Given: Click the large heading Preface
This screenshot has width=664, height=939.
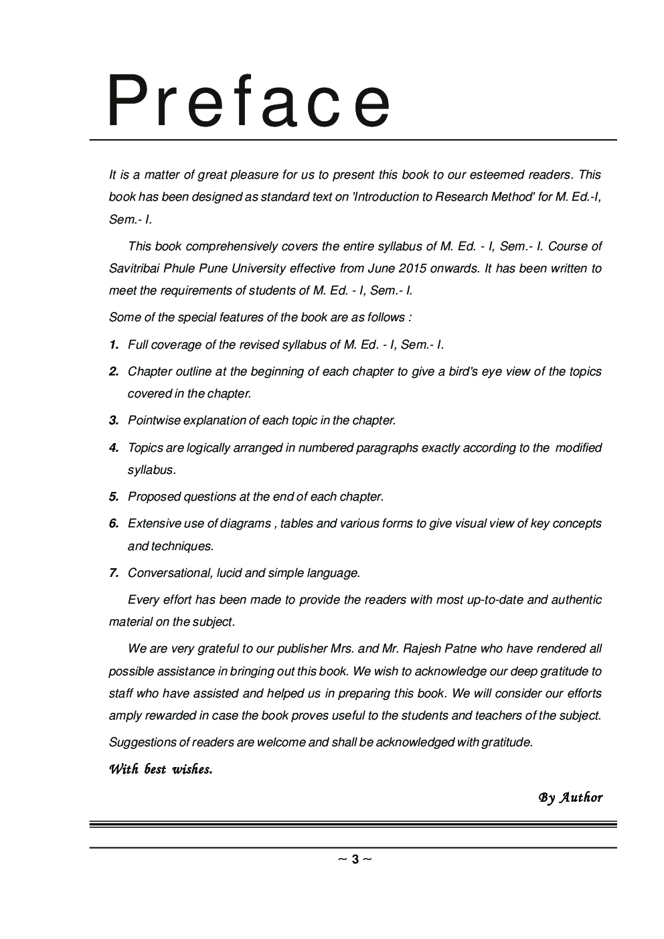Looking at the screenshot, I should click(x=249, y=102).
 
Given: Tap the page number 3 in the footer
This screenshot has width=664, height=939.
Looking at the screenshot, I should click(x=355, y=859).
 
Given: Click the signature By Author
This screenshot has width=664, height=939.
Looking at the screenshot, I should click(x=570, y=798).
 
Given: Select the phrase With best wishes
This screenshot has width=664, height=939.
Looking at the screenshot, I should click(x=161, y=769).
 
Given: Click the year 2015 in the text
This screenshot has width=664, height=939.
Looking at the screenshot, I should click(x=412, y=268).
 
